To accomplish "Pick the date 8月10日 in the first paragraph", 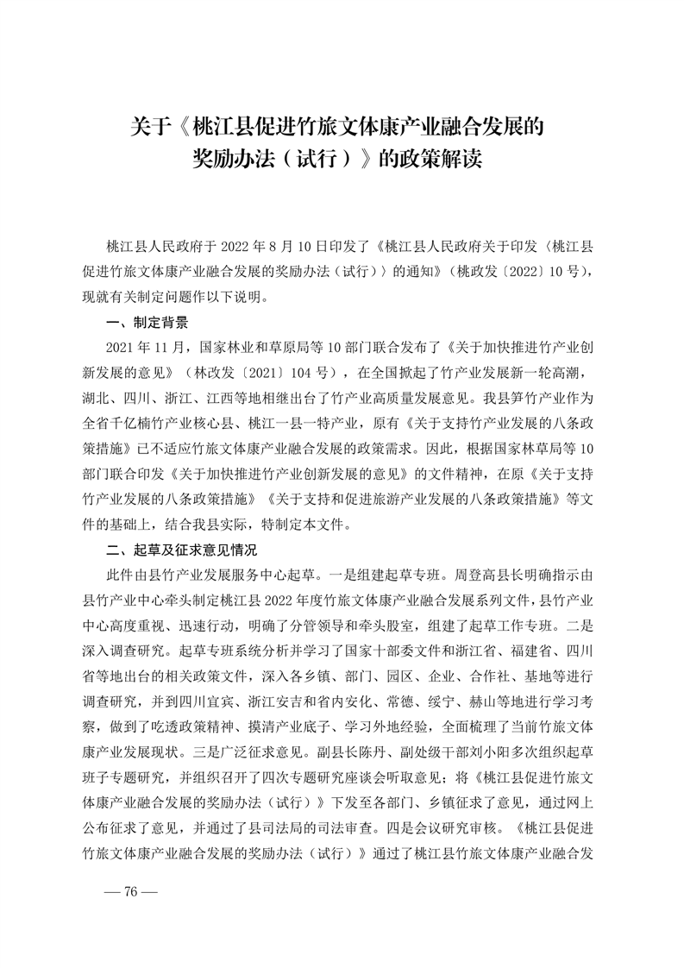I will coord(312,245).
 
